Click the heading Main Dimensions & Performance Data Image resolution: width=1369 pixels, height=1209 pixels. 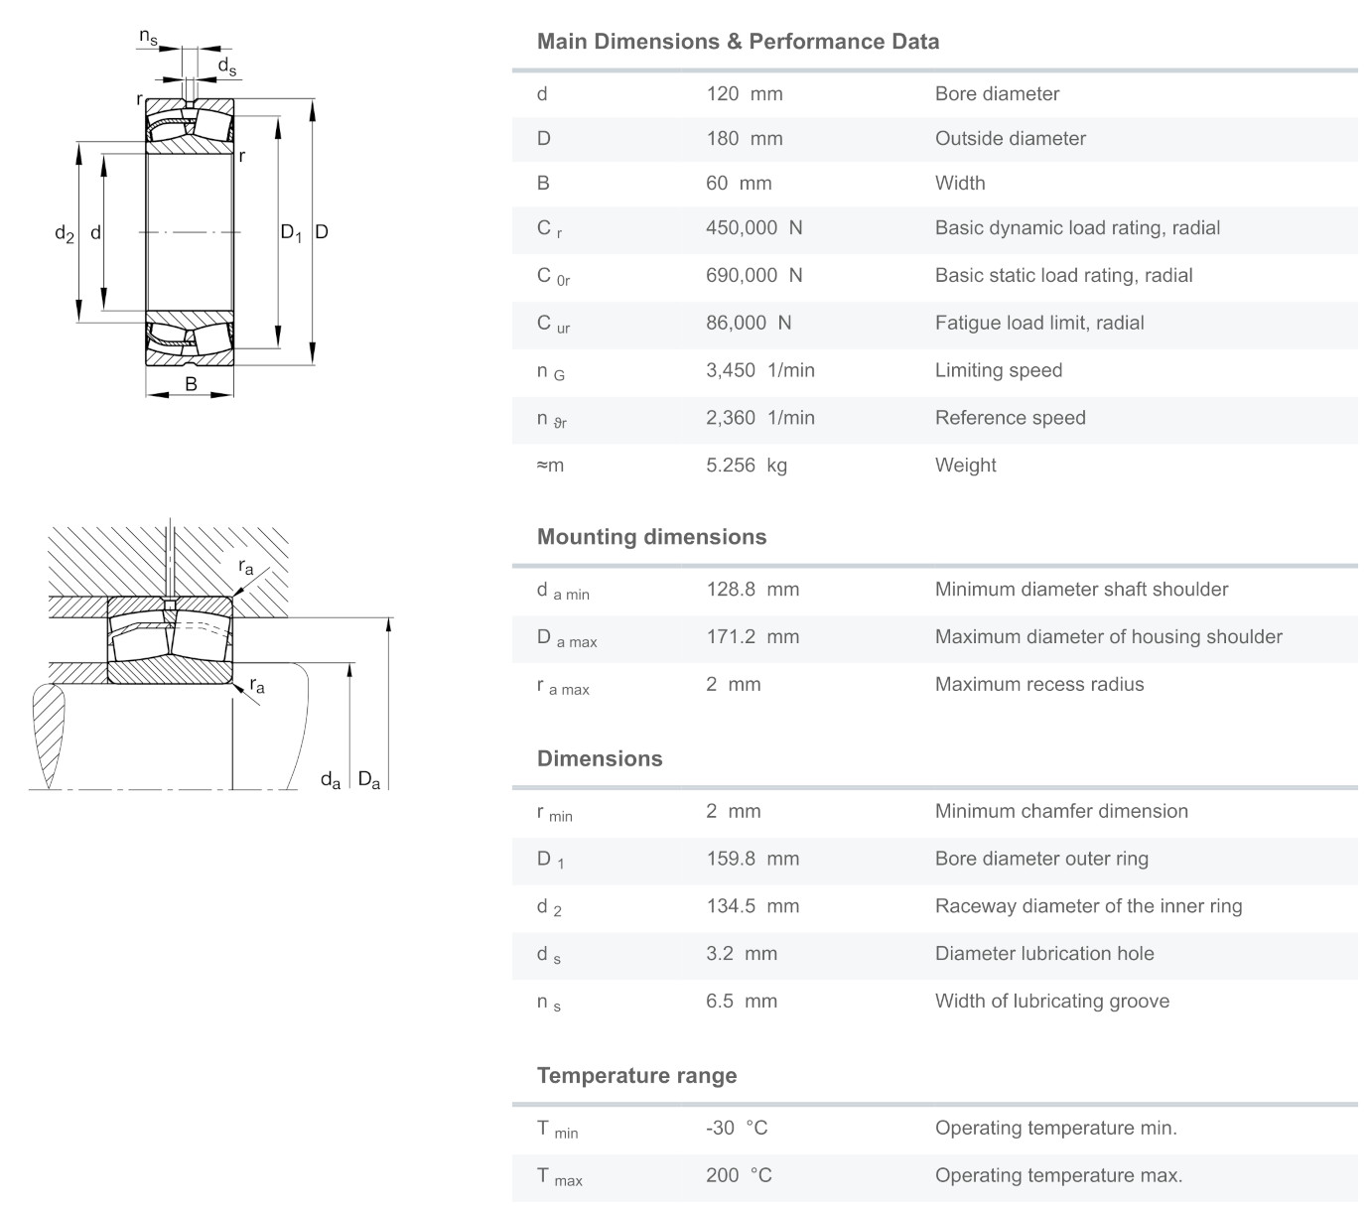tap(738, 42)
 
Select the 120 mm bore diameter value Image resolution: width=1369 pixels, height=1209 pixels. tap(744, 94)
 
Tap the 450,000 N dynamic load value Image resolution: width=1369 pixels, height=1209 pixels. tap(753, 228)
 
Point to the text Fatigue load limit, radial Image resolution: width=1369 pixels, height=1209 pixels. tap(1039, 323)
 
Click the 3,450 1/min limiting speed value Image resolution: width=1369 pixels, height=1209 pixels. tap(759, 370)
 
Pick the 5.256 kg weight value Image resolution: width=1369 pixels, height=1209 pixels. tap(746, 466)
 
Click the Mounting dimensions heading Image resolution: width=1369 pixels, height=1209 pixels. tap(651, 537)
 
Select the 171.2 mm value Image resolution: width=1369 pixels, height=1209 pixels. tap(752, 637)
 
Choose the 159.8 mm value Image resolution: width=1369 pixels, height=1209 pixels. tap(752, 859)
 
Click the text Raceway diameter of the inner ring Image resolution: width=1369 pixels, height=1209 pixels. tap(1088, 906)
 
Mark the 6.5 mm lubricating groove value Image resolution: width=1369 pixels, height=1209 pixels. tap(741, 1002)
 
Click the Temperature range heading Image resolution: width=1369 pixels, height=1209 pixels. tap(636, 1076)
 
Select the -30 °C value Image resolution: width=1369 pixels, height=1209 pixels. tap(737, 1129)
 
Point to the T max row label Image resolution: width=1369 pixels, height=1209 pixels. tap(559, 1177)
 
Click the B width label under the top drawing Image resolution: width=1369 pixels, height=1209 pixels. tap(191, 384)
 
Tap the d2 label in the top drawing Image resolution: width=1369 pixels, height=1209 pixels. tap(65, 234)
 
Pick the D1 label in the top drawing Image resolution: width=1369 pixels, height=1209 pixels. tap(290, 233)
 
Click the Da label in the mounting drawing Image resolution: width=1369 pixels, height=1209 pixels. tap(368, 780)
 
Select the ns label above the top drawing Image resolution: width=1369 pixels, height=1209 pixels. tap(148, 38)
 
